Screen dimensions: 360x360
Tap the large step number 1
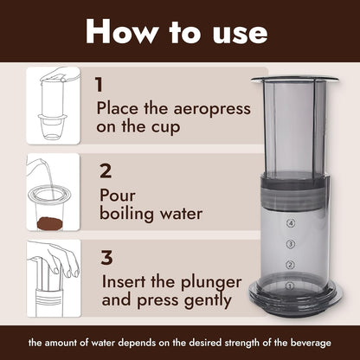point(100,85)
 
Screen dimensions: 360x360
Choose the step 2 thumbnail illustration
point(53,192)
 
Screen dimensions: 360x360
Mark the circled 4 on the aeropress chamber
point(291,223)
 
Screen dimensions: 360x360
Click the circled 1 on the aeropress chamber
point(291,285)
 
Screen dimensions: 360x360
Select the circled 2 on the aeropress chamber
point(291,265)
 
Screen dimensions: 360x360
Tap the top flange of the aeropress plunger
point(295,80)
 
